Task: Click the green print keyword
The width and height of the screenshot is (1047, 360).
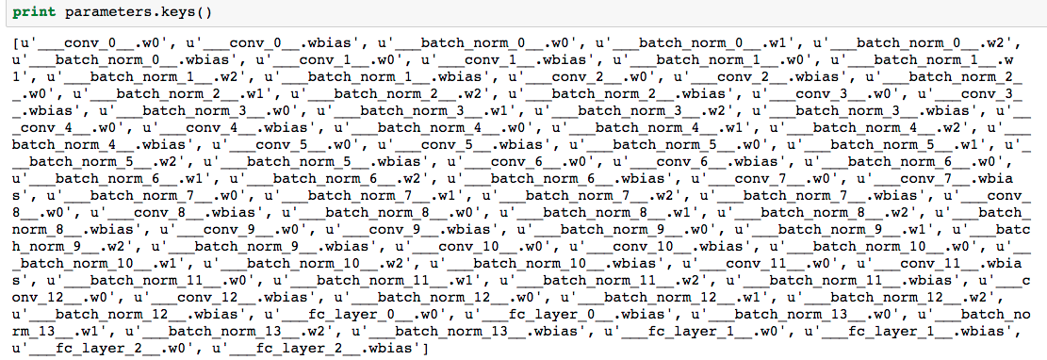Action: (33, 13)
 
